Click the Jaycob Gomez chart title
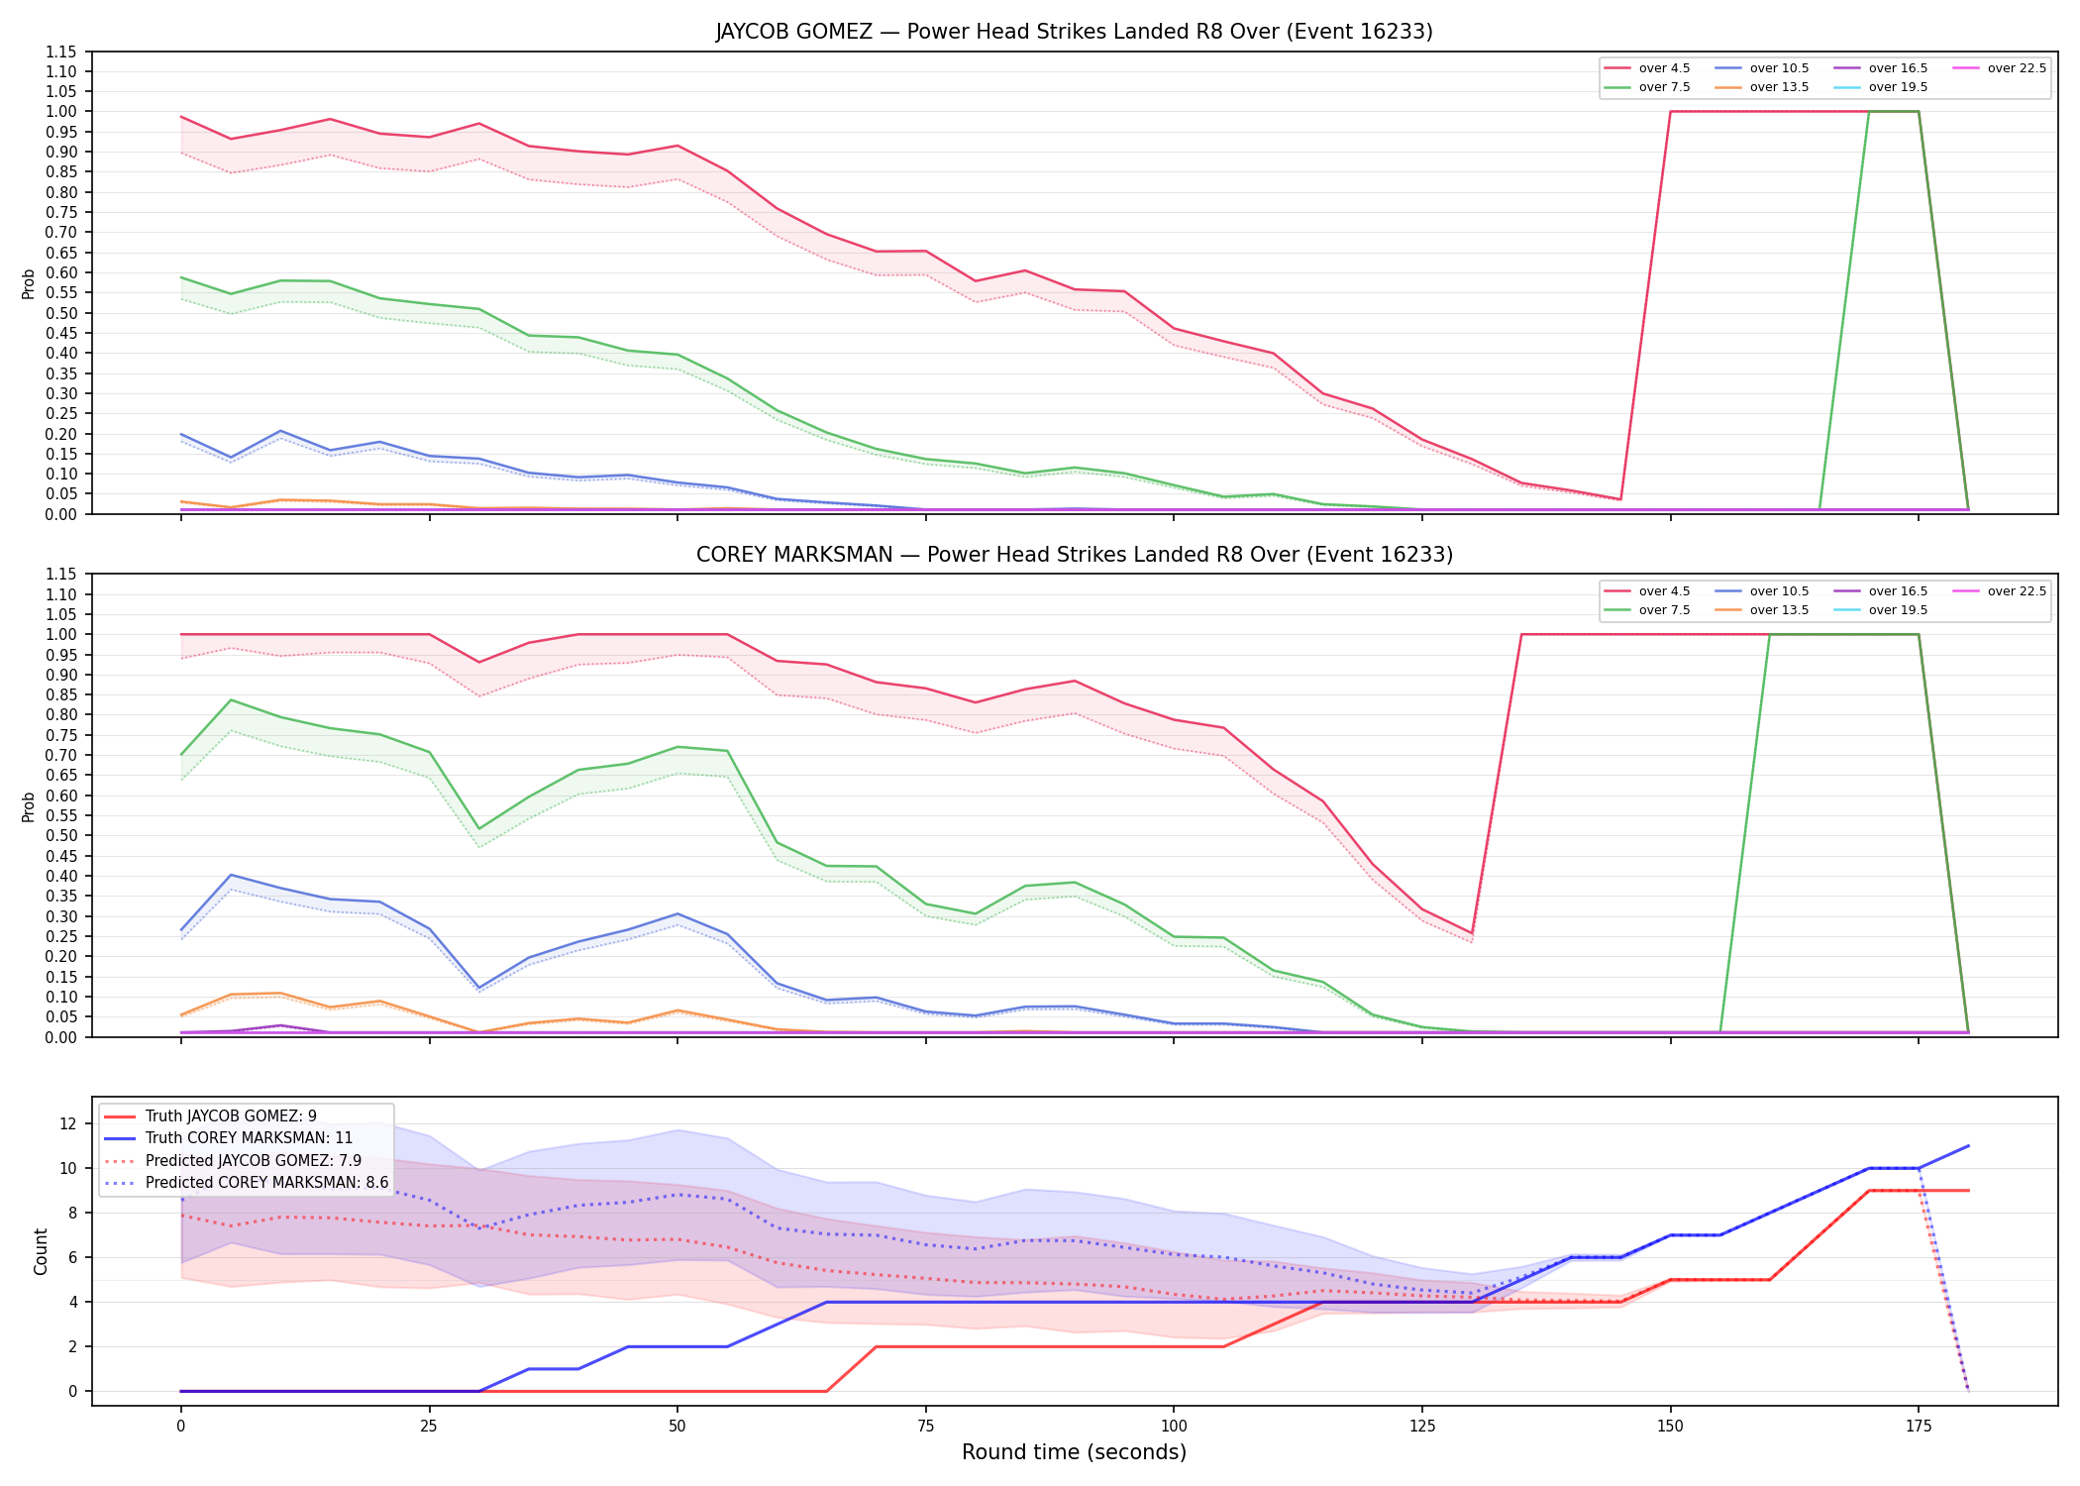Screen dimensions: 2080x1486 [1074, 32]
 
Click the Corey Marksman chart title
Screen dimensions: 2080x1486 [1074, 555]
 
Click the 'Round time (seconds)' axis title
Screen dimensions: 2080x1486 [1074, 1452]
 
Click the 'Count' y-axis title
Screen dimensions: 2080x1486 [41, 1251]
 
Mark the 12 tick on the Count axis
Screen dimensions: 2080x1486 [68, 1123]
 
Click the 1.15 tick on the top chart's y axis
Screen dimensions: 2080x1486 [60, 52]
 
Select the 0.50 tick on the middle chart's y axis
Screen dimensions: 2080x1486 [60, 835]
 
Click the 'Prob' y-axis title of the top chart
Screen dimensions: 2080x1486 [29, 283]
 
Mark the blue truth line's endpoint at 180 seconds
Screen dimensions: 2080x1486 [1968, 1146]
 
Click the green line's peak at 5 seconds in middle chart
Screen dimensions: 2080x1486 [231, 700]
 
